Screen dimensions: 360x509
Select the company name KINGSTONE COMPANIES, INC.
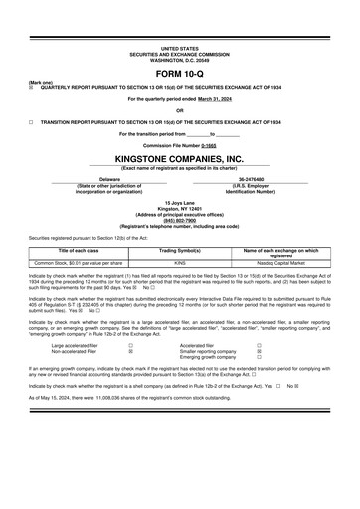[180, 158]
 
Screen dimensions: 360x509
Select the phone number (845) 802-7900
[180, 221]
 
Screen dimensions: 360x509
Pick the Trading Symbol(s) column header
[181, 251]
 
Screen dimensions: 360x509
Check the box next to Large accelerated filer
[130, 346]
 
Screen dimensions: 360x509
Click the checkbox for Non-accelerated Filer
[130, 352]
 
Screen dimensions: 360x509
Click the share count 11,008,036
[112, 398]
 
